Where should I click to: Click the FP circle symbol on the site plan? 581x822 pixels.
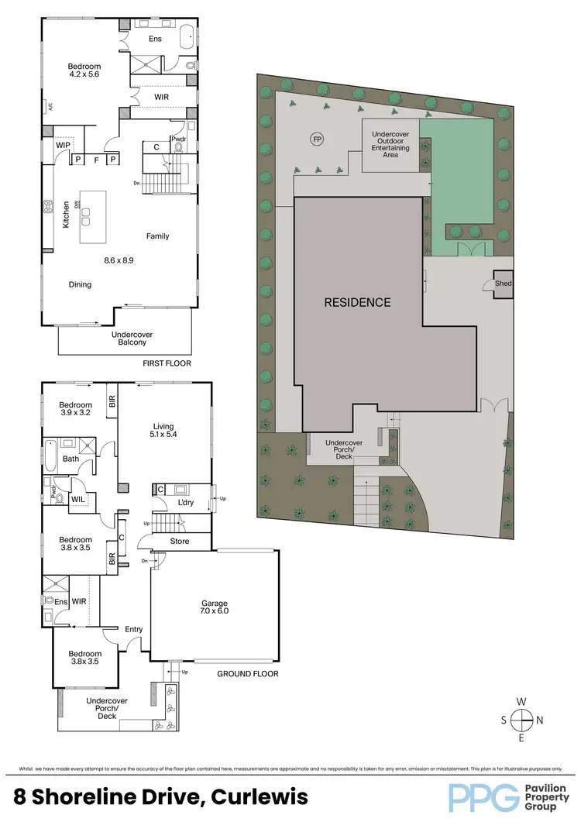[x=316, y=139]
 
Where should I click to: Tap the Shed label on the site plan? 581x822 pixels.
[x=503, y=284]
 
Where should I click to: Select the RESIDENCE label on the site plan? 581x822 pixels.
[x=357, y=302]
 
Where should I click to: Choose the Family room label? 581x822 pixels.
[x=157, y=236]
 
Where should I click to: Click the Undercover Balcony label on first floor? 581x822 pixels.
[x=125, y=338]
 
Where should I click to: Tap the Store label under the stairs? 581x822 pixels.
[x=180, y=541]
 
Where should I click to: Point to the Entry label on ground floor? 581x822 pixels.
[x=133, y=629]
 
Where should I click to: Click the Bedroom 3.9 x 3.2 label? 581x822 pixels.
[x=76, y=409]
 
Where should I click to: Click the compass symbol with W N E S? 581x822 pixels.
[x=523, y=720]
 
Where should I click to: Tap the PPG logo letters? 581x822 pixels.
[x=482, y=796]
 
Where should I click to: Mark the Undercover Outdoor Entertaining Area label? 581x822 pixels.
[x=390, y=144]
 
